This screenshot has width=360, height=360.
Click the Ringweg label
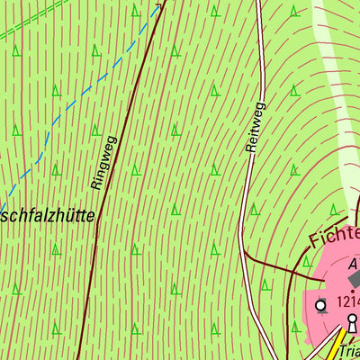click(x=104, y=162)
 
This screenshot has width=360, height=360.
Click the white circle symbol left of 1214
click(x=320, y=306)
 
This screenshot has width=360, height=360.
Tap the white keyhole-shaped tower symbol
click(x=352, y=320)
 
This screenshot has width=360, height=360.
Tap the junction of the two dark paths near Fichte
click(x=301, y=267)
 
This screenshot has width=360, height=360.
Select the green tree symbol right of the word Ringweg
click(x=135, y=170)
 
